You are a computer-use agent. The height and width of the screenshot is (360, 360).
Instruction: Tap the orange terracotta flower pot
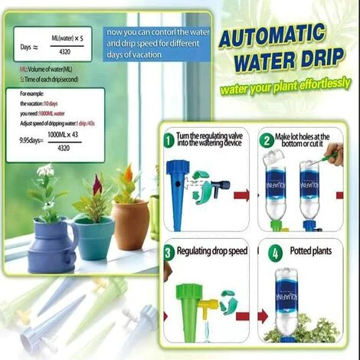point(129,222)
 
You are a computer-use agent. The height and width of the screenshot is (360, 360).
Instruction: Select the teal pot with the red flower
point(93,234)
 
